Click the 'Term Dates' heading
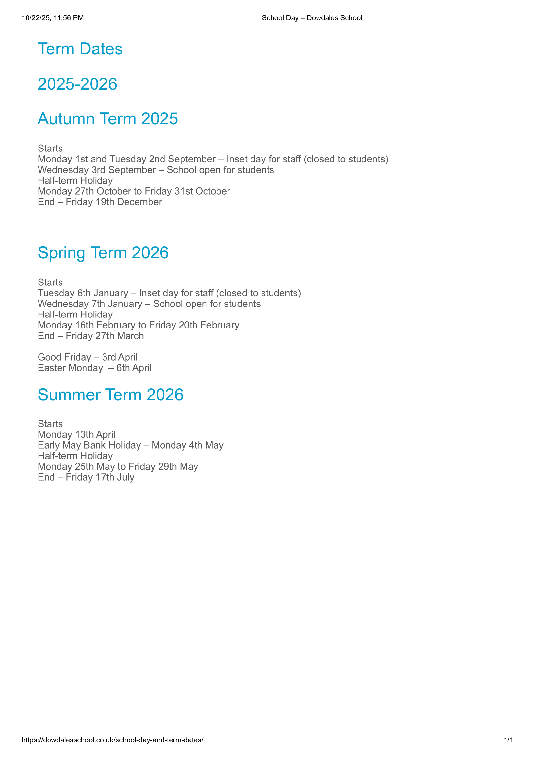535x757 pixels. (80, 49)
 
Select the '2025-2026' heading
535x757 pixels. (77, 84)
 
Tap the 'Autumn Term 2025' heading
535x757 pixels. (108, 119)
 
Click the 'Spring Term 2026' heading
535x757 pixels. (103, 252)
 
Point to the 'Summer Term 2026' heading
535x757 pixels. (110, 395)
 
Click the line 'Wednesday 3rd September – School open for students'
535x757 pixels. (156, 170)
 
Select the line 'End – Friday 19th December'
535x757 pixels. (100, 202)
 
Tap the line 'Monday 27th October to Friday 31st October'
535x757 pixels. (134, 191)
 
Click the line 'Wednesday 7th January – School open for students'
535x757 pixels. (149, 304)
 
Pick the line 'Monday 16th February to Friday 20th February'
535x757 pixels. (139, 325)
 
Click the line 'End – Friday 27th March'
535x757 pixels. (91, 336)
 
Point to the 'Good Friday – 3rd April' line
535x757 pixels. (87, 357)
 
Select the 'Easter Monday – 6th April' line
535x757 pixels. (95, 368)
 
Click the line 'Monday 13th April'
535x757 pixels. (76, 435)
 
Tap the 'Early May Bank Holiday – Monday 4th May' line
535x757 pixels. (130, 445)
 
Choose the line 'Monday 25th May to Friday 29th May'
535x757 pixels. (118, 467)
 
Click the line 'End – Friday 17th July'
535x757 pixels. (86, 477)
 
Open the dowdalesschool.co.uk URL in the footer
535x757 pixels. (112, 740)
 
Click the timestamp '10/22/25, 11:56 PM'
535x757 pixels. (53, 18)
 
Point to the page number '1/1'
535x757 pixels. (508, 740)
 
